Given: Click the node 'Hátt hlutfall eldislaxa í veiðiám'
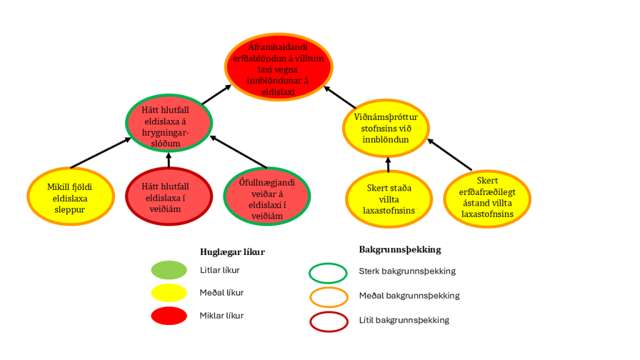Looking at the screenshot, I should (168, 196).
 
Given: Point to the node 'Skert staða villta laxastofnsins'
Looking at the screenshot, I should (388, 199).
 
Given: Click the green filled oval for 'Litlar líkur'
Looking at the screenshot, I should (169, 271).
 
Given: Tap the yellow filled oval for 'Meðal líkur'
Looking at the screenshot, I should (169, 293).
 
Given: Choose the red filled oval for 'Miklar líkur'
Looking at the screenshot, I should (169, 316).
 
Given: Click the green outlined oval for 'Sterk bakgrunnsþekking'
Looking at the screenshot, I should (328, 272).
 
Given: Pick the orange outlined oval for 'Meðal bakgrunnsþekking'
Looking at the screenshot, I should (328, 296).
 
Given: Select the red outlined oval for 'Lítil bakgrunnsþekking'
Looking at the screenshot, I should (328, 321).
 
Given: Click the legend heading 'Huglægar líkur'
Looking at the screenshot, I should (232, 252).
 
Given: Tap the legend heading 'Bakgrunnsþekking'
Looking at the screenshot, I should (400, 249).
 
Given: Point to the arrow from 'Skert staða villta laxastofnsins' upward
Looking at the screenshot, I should (388, 164).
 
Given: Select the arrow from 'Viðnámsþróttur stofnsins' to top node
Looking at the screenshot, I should (340, 97).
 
